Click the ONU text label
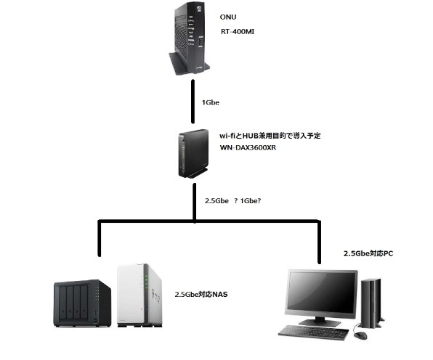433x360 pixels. (229, 16)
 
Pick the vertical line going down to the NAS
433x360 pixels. (99, 240)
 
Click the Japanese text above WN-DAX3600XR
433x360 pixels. (270, 134)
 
